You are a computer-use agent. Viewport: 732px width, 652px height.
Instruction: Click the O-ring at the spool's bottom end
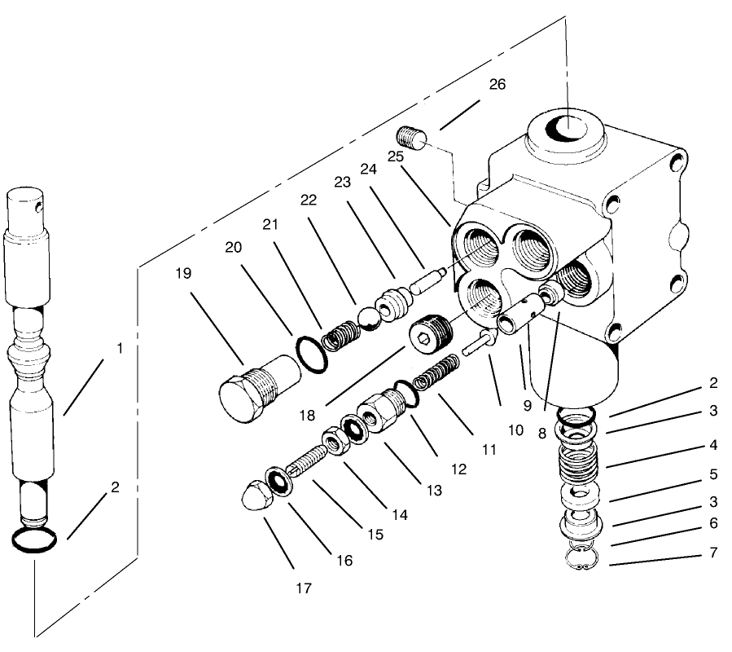pyautogui.click(x=34, y=540)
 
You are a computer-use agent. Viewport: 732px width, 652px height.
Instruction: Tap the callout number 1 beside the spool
pyautogui.click(x=120, y=348)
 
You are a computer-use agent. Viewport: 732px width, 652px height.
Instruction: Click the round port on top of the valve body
pyautogui.click(x=567, y=128)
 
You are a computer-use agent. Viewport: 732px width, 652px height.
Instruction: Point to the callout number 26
pyautogui.click(x=497, y=84)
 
